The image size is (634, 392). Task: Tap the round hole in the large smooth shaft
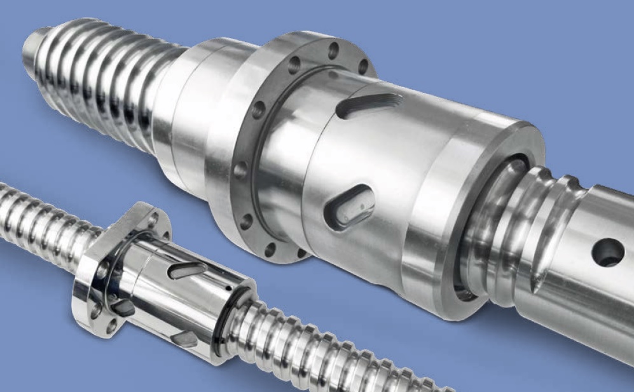pyautogui.click(x=607, y=252)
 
